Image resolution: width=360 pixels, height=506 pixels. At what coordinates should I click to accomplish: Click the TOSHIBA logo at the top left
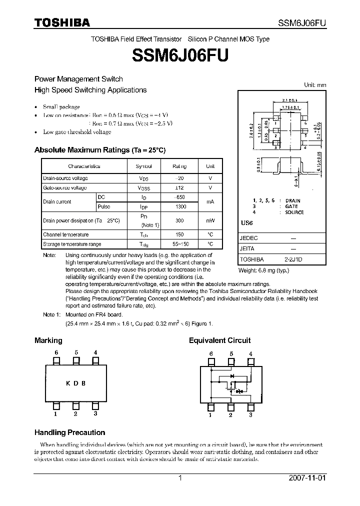click(62, 22)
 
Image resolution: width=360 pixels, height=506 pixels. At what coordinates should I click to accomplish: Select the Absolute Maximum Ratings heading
click(99, 150)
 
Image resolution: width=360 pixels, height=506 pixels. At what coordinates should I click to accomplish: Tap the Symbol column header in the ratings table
click(143, 166)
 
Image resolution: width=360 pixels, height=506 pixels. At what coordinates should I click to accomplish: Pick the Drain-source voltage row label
click(65, 178)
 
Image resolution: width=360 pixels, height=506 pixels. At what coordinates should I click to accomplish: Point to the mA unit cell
click(210, 202)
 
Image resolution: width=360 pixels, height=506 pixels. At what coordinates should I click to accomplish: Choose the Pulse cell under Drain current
click(104, 206)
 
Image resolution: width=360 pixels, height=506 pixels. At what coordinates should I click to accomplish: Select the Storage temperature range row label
click(72, 244)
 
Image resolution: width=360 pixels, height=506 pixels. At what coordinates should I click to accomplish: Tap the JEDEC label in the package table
click(248, 239)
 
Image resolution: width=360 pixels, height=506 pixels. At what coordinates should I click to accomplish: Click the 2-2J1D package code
click(293, 259)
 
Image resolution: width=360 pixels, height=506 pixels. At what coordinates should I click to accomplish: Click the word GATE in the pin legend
click(291, 206)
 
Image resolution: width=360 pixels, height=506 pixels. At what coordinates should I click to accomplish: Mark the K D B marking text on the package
click(75, 383)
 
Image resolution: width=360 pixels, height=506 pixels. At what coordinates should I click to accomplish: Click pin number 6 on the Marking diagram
click(56, 352)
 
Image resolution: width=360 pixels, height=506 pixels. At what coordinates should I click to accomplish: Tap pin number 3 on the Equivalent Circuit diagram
click(250, 415)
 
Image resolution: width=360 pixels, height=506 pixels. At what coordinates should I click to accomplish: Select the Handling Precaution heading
click(69, 432)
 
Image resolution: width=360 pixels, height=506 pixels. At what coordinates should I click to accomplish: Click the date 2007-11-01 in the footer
click(307, 478)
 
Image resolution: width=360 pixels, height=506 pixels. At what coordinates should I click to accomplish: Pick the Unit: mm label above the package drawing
click(315, 85)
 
